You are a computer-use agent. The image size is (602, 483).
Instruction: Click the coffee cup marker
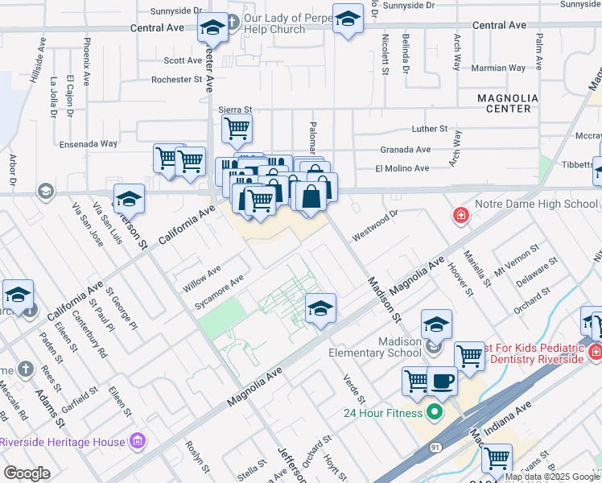pos(441,381)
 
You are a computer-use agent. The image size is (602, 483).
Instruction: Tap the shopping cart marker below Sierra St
pos(237,127)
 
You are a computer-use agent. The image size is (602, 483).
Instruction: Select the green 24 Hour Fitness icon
pos(435,414)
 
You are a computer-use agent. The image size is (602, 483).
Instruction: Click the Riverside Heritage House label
pos(63,442)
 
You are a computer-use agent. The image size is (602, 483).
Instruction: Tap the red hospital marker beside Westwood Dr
pos(460,215)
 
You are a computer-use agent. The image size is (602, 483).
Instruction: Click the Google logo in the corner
pos(27,473)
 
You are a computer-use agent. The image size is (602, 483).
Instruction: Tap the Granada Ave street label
pos(406,149)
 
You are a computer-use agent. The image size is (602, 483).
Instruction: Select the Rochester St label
pos(176,80)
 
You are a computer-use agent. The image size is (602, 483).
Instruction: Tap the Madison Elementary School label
pos(375,347)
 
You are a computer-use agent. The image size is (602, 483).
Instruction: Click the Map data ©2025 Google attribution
pos(552,477)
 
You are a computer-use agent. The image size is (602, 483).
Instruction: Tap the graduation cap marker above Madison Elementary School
pos(437,324)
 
